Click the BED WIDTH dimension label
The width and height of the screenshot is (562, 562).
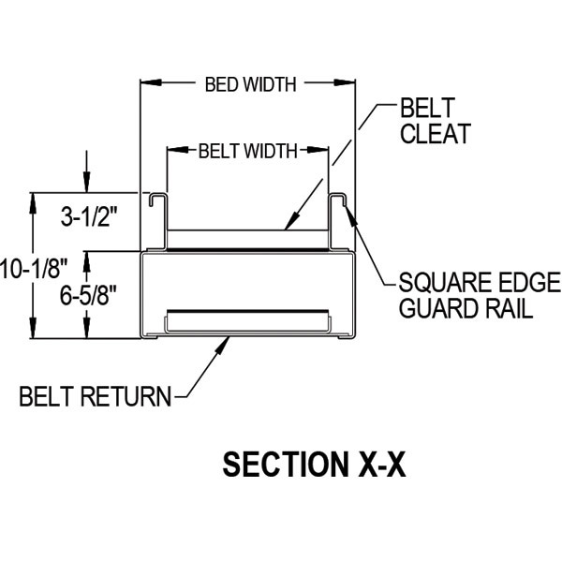(x=250, y=84)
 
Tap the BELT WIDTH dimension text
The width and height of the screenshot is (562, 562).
(x=247, y=150)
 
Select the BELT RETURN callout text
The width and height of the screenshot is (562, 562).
(x=96, y=396)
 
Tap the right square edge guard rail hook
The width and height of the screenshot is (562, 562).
(x=340, y=202)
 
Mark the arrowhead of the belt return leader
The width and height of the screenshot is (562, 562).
(x=227, y=344)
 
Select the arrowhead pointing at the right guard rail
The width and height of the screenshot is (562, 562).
(x=349, y=214)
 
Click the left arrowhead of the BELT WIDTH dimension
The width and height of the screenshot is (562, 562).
(x=171, y=150)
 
